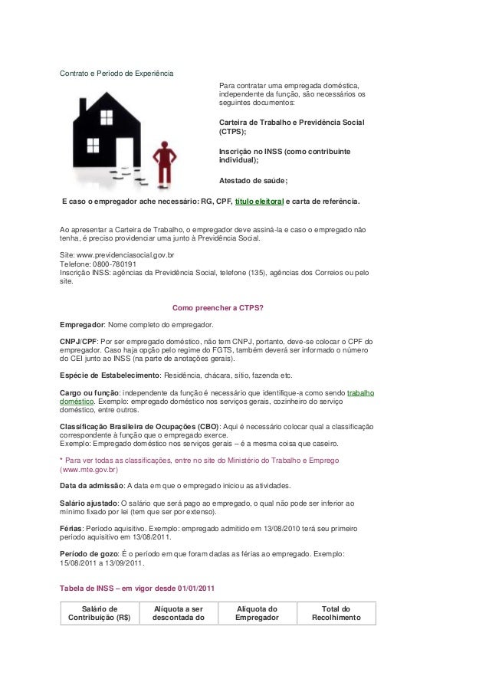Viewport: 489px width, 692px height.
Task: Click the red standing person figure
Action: click(x=163, y=162)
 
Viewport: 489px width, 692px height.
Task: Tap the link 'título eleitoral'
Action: click(x=258, y=202)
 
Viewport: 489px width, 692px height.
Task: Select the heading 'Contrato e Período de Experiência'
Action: click(x=117, y=74)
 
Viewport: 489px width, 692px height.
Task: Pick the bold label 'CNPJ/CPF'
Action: click(x=78, y=342)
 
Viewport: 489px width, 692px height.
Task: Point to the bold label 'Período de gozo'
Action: click(x=89, y=553)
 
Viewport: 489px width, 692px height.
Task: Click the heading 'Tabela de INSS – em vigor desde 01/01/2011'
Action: click(x=137, y=588)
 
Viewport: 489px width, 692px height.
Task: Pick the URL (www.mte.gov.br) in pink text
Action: click(x=89, y=469)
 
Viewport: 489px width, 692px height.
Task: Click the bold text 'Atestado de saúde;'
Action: click(x=253, y=181)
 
